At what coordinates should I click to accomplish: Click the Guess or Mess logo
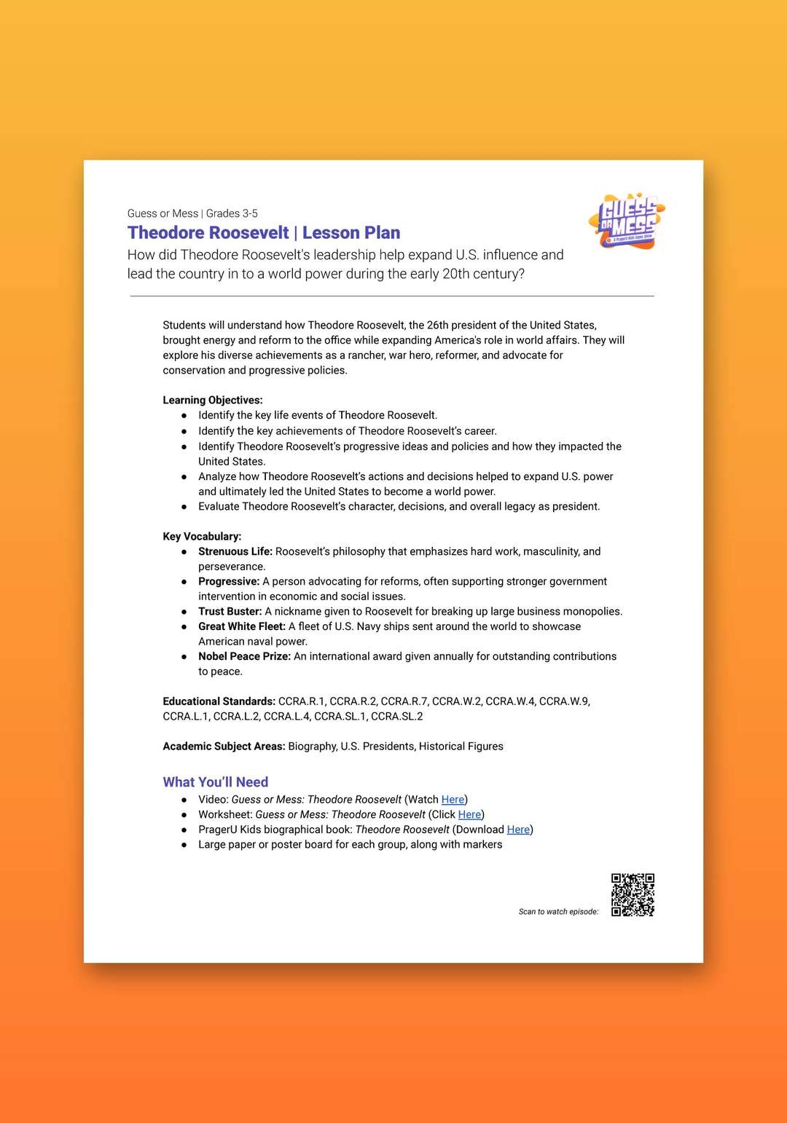coord(627,221)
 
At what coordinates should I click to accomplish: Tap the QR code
coord(633,894)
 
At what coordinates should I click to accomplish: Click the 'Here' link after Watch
coord(453,799)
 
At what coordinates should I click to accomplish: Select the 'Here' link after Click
coord(469,814)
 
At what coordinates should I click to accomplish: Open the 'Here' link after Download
coord(518,830)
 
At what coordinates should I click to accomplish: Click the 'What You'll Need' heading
coord(216,781)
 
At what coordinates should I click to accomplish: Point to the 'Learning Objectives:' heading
coord(213,400)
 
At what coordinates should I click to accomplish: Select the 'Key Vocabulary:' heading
coord(202,536)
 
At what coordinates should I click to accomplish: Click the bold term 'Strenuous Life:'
coord(235,551)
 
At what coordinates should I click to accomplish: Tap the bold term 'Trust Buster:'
coord(230,611)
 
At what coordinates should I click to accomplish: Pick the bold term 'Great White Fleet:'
coord(242,626)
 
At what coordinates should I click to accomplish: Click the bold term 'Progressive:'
coord(229,581)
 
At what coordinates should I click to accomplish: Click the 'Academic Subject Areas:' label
coord(224,746)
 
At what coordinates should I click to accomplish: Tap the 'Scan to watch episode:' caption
coord(558,911)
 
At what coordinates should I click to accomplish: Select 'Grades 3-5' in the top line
coord(232,213)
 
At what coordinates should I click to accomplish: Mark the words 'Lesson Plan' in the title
coord(351,233)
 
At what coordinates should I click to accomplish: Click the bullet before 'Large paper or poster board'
coord(184,845)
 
